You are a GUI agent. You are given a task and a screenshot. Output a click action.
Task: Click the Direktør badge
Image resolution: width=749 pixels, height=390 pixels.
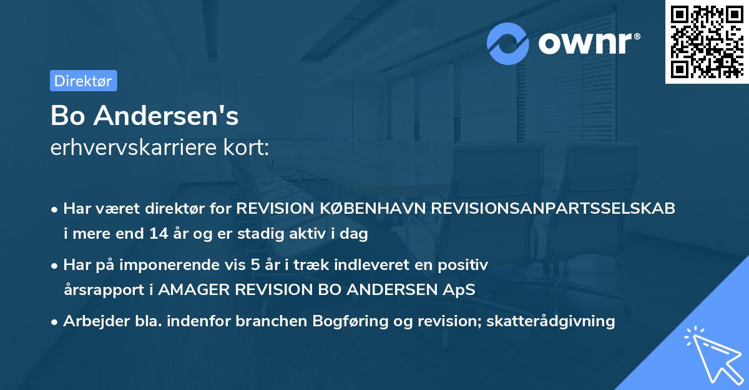coord(83,81)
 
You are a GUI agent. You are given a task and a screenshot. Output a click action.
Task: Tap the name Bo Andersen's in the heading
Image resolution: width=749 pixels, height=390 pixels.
coord(144,116)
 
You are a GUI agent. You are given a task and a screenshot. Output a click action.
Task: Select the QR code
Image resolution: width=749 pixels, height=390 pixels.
coord(706,41)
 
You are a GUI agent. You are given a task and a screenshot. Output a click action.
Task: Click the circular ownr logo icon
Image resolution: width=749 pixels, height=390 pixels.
coord(508,43)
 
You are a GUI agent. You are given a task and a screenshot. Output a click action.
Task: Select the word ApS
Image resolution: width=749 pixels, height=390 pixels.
coord(459,291)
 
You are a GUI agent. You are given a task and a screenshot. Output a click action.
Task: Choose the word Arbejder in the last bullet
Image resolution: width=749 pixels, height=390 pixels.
coord(93,321)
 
